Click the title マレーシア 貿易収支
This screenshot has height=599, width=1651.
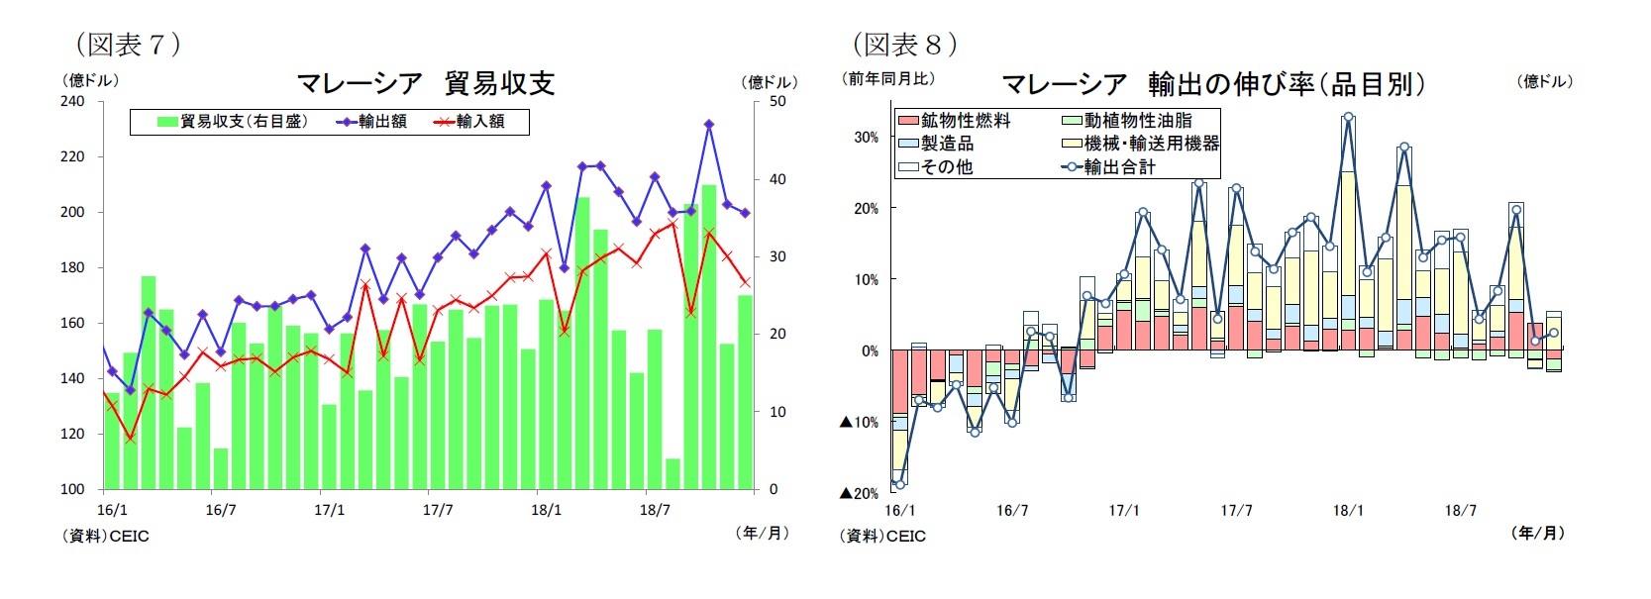coord(425,83)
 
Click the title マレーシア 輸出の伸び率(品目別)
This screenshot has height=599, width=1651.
coord(1212,84)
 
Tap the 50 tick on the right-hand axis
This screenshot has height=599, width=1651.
coord(777,101)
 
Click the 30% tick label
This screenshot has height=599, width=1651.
coord(866,138)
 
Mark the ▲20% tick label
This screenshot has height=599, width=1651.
coord(859,493)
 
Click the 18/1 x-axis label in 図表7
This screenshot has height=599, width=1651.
coord(546,510)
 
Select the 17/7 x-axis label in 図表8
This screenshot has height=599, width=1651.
coord(1235,510)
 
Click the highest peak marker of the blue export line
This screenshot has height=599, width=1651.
coord(709,125)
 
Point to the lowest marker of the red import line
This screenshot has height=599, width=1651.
coord(130,438)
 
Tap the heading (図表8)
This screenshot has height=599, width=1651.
coord(904,44)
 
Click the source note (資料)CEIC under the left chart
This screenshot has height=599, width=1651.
coord(106,536)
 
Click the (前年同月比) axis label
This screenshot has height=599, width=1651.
coord(888,78)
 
